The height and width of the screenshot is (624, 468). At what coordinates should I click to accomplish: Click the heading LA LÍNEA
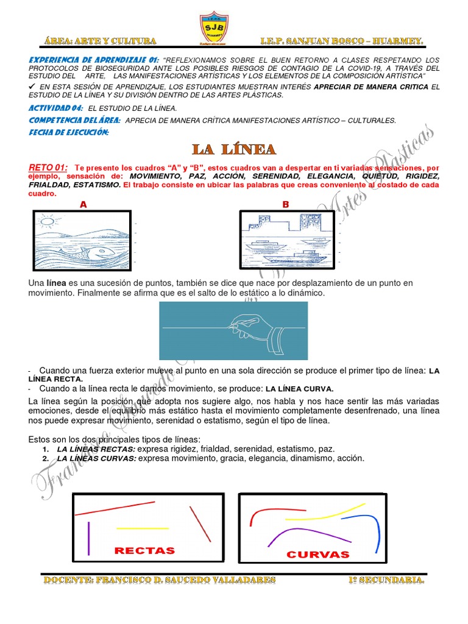click(234, 149)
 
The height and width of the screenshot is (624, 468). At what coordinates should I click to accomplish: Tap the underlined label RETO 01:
click(48, 168)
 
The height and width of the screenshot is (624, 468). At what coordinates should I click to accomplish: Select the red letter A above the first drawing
click(83, 205)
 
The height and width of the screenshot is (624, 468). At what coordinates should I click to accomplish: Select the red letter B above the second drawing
click(285, 205)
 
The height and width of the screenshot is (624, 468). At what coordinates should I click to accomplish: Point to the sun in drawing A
click(47, 221)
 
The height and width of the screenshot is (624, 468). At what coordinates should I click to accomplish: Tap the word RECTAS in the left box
click(144, 550)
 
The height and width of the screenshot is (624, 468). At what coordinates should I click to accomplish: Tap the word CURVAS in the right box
click(318, 554)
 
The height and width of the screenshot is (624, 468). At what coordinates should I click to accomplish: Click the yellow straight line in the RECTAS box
click(142, 528)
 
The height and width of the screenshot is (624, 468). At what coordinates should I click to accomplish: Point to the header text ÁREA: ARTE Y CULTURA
click(101, 41)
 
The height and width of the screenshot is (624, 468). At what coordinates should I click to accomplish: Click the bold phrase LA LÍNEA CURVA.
click(299, 389)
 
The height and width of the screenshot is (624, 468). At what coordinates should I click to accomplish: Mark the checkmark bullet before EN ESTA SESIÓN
click(33, 87)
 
